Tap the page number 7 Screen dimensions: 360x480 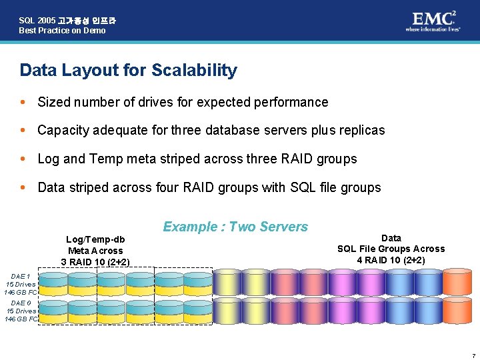tap(472, 354)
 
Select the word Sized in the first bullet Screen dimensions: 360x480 tap(53, 102)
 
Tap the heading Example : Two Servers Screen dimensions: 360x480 tap(235, 227)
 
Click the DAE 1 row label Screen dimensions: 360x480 tap(20, 284)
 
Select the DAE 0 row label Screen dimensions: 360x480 tap(21, 311)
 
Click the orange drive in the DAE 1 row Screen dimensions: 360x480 tap(457, 283)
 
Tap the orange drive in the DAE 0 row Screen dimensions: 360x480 tap(457, 310)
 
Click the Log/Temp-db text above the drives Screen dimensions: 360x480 tap(95, 239)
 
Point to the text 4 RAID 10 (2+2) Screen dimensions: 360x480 tap(391, 260)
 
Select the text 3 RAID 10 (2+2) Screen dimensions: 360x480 tap(95, 261)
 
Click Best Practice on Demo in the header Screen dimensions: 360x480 tap(62, 31)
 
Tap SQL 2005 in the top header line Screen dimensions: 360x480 tap(37, 21)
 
